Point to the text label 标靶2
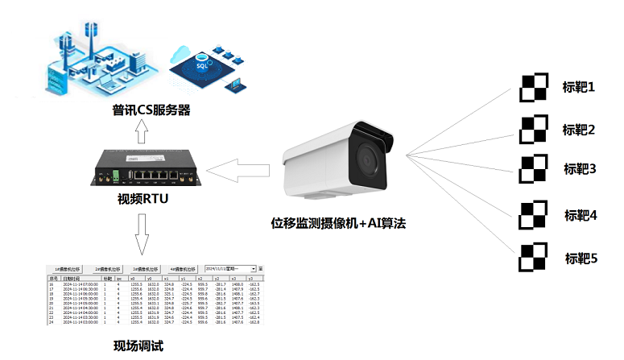(x=579, y=130)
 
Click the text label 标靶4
(x=581, y=215)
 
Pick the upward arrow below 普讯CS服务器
(x=142, y=132)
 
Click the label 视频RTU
(x=142, y=200)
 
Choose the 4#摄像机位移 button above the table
(x=183, y=268)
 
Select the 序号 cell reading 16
(x=52, y=284)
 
